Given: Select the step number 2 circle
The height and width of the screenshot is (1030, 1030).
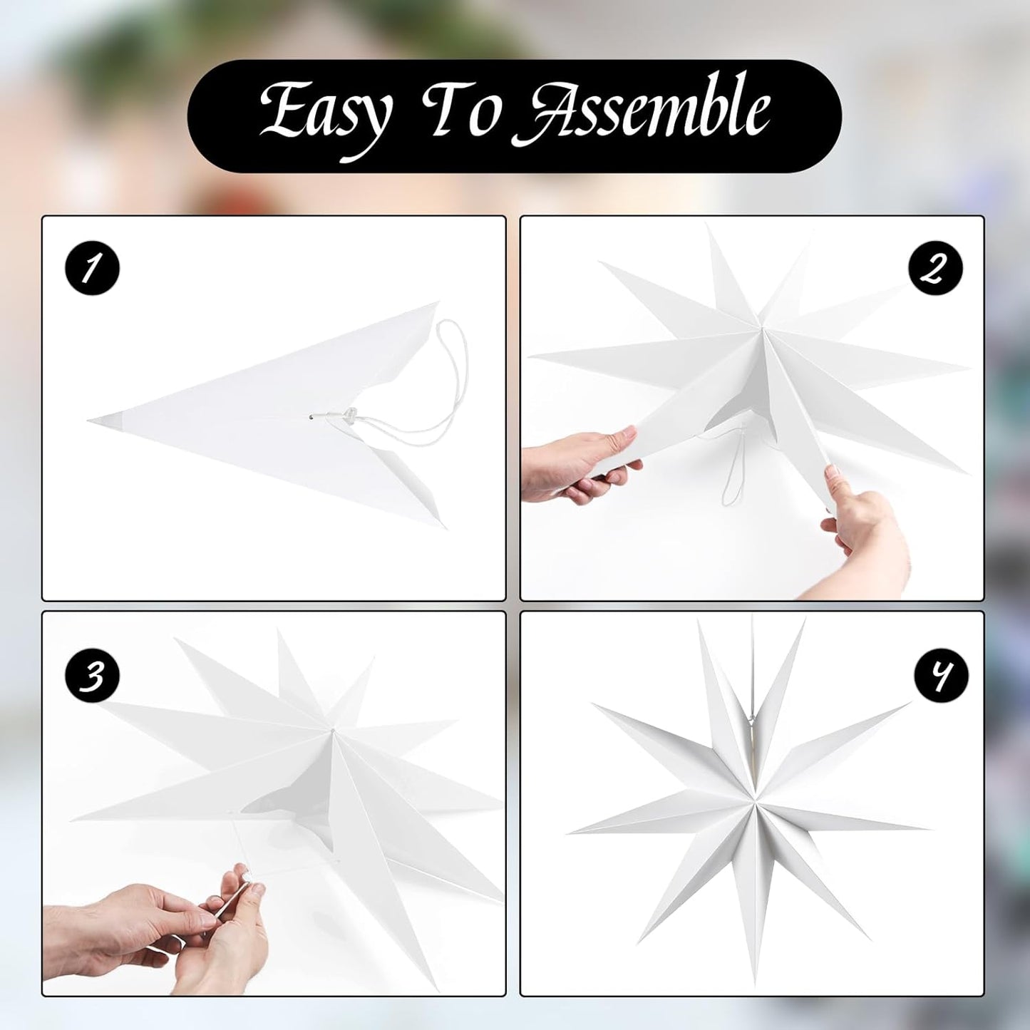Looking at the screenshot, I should (x=934, y=269).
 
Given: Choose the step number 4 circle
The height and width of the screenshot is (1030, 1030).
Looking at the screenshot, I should (x=941, y=675).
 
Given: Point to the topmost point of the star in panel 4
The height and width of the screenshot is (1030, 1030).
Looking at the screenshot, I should (x=753, y=619).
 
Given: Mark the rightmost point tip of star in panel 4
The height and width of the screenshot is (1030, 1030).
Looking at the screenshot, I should (x=929, y=828).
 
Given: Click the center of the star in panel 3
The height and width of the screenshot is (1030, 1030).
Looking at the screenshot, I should (x=332, y=730).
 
